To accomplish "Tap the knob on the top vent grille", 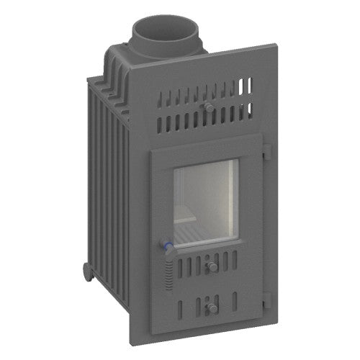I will [208, 107].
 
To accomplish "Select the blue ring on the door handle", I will [167, 247].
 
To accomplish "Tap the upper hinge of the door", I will [266, 153].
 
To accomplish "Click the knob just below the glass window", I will [212, 266].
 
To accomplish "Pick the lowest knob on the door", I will [212, 308].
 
